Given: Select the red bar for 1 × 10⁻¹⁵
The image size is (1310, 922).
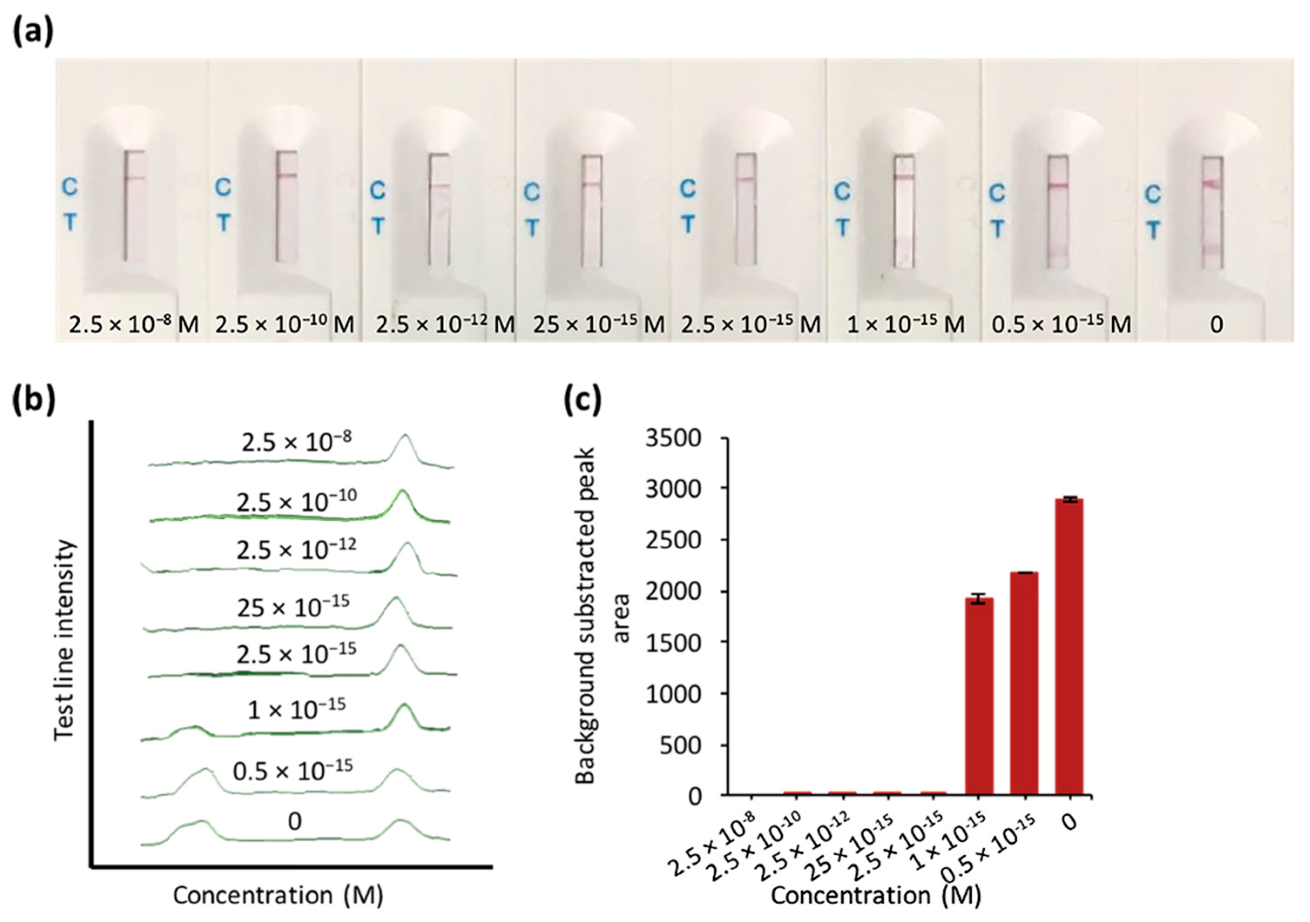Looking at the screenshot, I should click(979, 696).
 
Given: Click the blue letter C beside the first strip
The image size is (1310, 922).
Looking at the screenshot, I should click(70, 187).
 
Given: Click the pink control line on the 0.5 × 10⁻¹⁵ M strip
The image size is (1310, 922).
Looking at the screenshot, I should click(1057, 186).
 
